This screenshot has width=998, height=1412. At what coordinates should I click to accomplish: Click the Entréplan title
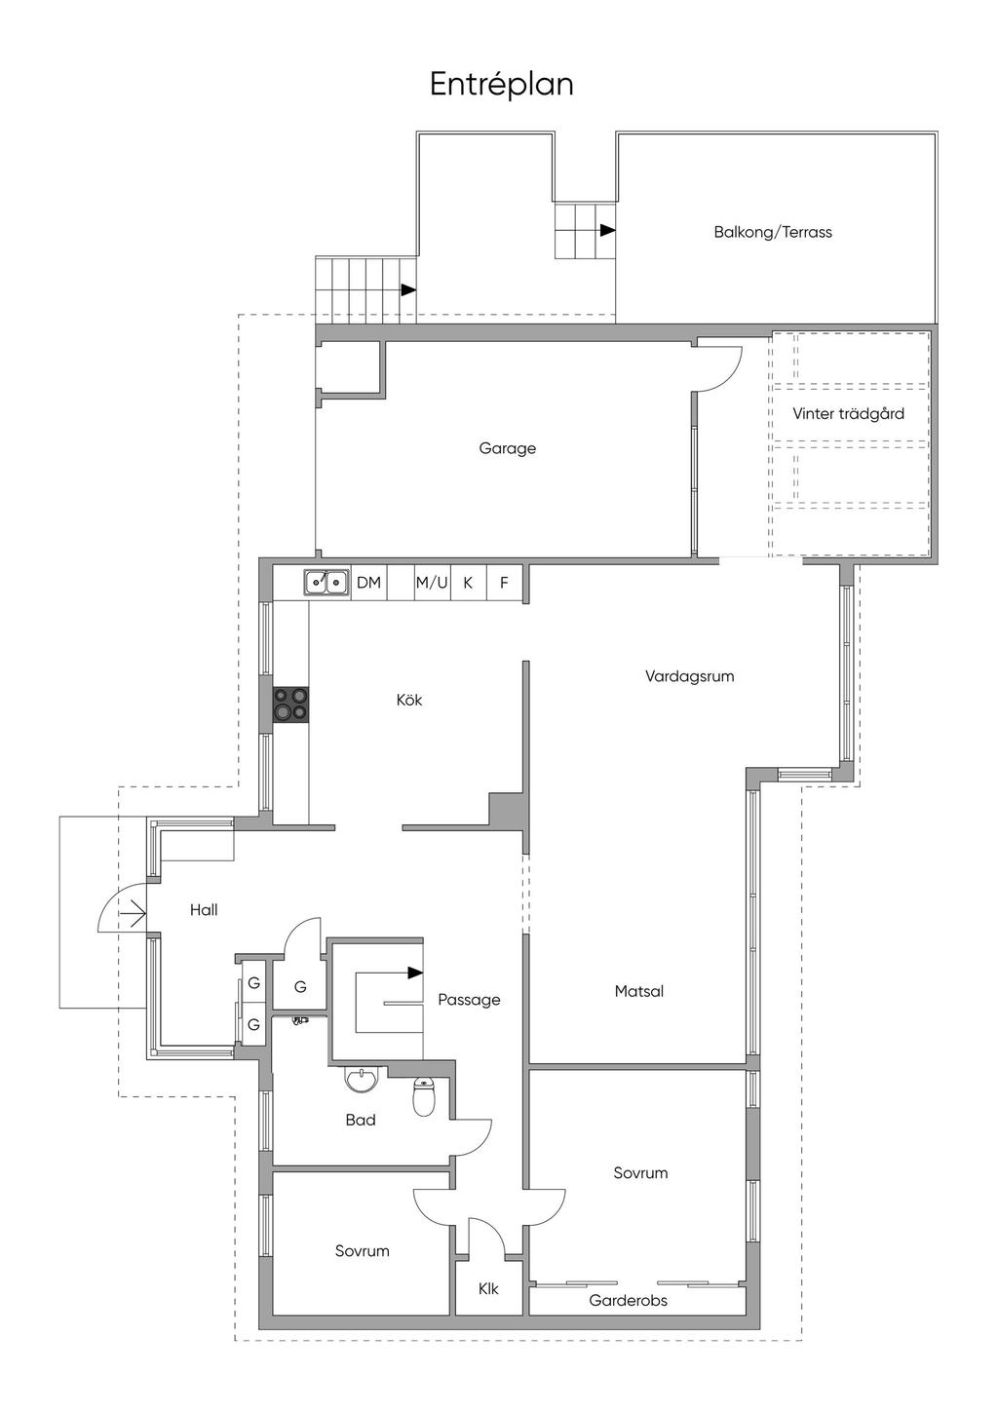501,85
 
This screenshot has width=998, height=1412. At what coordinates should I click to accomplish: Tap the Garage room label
507,449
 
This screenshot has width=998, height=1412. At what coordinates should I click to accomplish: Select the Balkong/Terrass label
772,232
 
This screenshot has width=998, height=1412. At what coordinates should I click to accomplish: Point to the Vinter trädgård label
848,413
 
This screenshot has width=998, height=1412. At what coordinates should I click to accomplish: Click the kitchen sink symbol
326,582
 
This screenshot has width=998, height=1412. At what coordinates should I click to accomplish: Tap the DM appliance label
368,582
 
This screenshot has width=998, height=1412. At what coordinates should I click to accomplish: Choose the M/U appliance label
431,582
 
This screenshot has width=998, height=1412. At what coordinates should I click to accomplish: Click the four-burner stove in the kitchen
290,705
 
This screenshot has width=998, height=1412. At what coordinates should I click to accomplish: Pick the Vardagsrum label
689,676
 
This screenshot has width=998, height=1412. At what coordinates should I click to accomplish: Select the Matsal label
638,991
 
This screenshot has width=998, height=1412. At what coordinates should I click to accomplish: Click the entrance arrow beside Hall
134,913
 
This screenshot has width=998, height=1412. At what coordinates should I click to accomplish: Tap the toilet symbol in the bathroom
423,1097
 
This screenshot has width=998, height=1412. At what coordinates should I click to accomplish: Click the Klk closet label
488,1288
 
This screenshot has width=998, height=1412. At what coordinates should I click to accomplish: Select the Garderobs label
628,1301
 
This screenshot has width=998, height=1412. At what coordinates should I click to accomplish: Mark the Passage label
469,1000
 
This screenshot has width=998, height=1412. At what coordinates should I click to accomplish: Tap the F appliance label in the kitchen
504,582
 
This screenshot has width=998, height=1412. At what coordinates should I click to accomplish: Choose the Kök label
409,700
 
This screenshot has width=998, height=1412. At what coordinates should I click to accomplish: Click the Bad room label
361,1120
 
